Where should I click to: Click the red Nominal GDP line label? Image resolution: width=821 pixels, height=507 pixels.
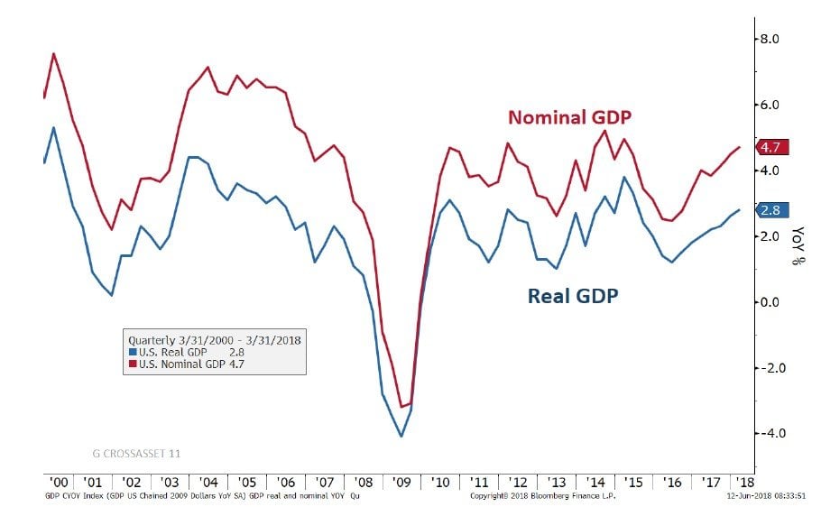coord(569,117)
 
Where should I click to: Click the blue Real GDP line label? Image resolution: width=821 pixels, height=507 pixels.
coord(573,295)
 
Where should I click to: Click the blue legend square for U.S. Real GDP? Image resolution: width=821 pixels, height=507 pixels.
coord(133,352)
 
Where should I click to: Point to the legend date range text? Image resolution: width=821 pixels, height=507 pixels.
coord(214,340)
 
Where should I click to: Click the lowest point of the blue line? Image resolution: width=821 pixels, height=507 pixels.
coord(401,437)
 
